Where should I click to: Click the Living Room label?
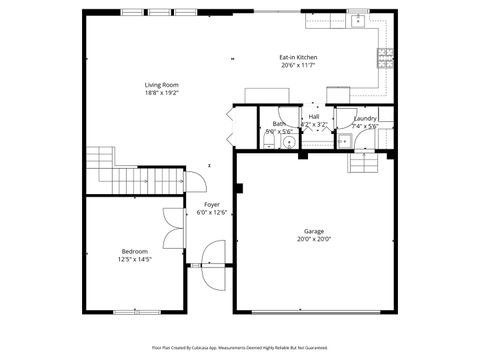(x=160, y=85)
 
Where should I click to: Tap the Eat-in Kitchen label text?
(x=298, y=58)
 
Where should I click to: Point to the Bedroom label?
(x=134, y=251)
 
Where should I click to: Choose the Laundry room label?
(x=365, y=118)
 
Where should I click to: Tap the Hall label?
(x=314, y=117)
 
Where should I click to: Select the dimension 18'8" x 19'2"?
(x=160, y=93)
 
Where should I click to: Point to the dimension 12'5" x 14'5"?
(x=134, y=259)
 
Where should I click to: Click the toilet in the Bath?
(x=268, y=143)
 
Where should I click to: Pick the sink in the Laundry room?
(x=345, y=141)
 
